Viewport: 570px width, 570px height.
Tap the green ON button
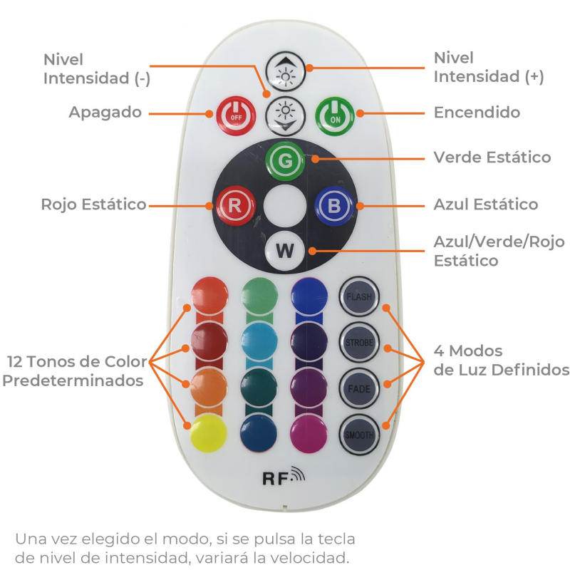pyautogui.click(x=335, y=114)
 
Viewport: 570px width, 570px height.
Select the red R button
pyautogui.click(x=234, y=205)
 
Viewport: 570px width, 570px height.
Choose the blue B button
pyautogui.click(x=334, y=206)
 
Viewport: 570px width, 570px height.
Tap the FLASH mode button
pyautogui.click(x=358, y=296)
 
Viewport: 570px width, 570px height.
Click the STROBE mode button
pyautogui.click(x=358, y=343)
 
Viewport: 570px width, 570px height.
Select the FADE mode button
pyautogui.click(x=358, y=388)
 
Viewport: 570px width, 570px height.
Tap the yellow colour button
pyautogui.click(x=209, y=432)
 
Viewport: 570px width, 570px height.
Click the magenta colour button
pyautogui.click(x=309, y=432)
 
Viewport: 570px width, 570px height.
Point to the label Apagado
pyautogui.click(x=105, y=112)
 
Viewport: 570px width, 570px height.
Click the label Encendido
pyautogui.click(x=477, y=112)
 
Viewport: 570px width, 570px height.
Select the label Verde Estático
pyautogui.click(x=492, y=157)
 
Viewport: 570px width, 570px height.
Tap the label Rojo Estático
pyautogui.click(x=93, y=204)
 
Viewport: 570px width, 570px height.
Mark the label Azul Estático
pyautogui.click(x=486, y=204)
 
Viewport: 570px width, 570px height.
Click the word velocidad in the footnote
pyautogui.click(x=310, y=557)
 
